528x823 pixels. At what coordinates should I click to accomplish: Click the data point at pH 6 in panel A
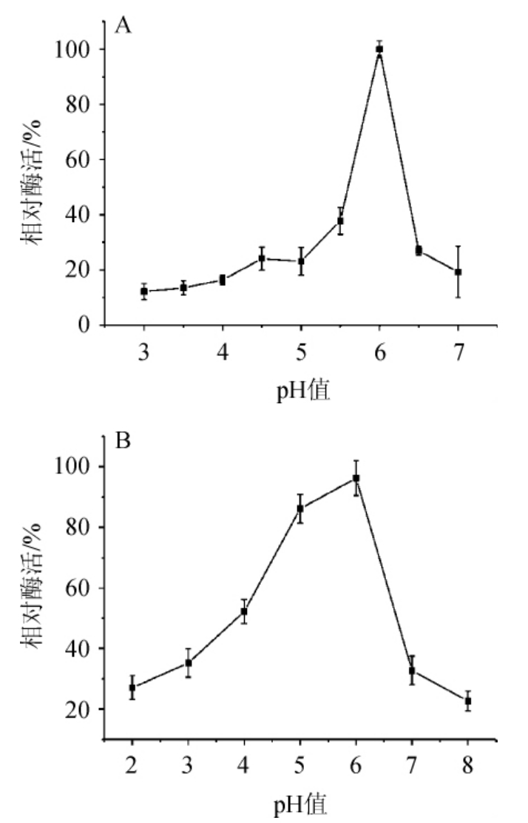point(379,49)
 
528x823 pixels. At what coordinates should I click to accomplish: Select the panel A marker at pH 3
point(143,291)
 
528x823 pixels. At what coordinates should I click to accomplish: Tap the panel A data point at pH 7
point(458,272)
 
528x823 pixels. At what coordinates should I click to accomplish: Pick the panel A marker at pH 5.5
point(340,221)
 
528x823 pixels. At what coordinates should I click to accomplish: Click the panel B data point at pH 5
point(299,508)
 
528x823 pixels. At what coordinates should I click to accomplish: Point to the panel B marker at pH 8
point(467,700)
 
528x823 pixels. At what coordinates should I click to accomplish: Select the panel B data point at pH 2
point(132,688)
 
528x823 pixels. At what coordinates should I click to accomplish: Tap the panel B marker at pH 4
point(243,611)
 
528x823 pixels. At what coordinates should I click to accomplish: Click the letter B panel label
point(123,443)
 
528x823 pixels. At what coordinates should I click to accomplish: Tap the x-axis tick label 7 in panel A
point(458,353)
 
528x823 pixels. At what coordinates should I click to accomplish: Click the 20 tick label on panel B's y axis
point(82,709)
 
